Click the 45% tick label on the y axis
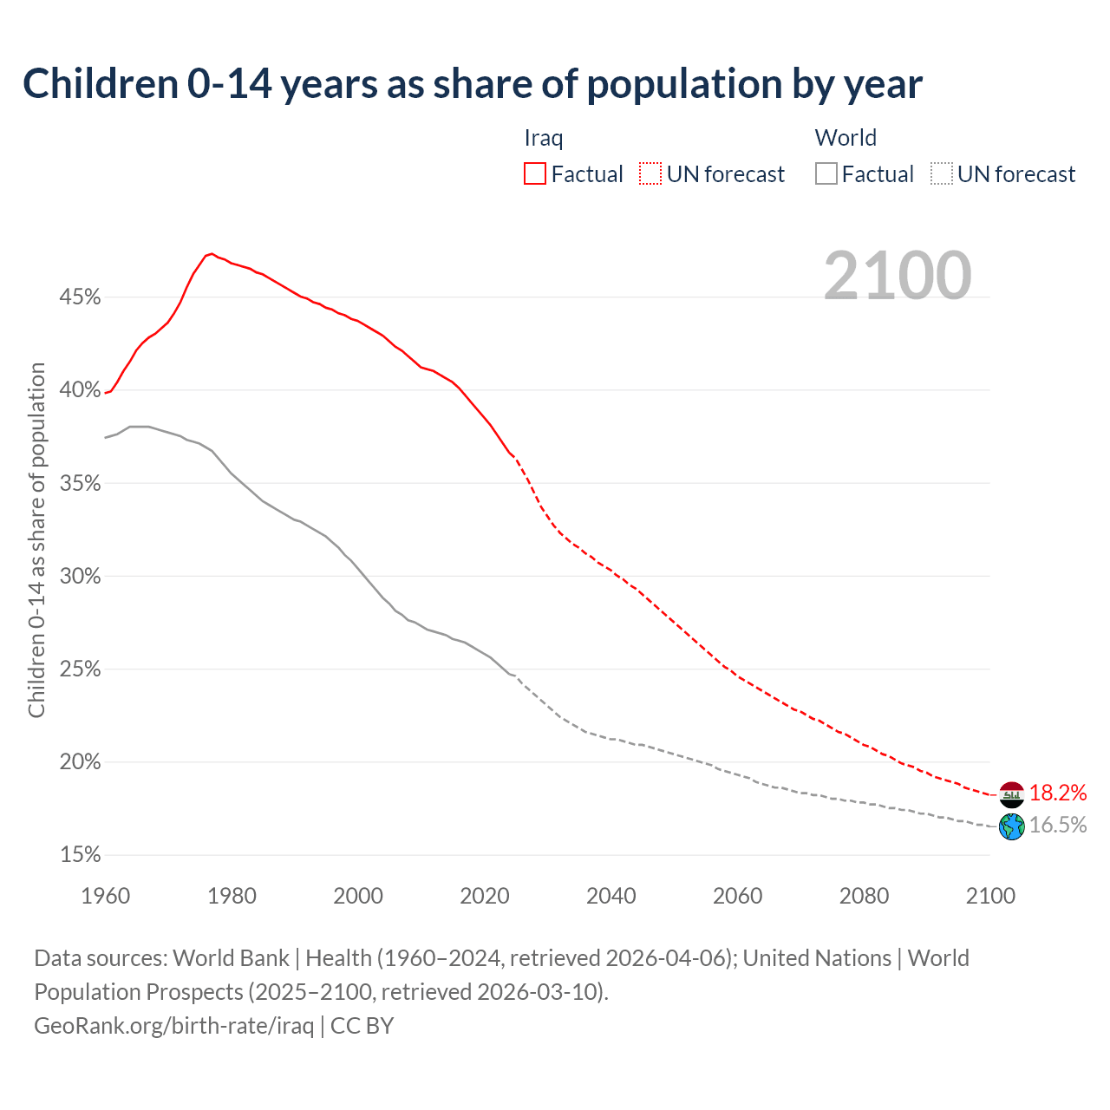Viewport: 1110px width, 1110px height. (x=80, y=297)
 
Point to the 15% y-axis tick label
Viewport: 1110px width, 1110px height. (x=80, y=855)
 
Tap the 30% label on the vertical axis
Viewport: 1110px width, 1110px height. (x=80, y=577)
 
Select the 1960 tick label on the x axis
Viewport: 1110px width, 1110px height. (x=106, y=896)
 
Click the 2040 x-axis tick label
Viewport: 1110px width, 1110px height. (x=611, y=896)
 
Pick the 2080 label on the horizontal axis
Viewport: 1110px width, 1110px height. (x=864, y=896)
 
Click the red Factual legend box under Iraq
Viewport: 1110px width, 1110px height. (x=535, y=174)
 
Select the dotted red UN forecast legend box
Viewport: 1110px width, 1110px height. (x=650, y=174)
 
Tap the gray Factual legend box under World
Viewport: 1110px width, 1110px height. (x=826, y=174)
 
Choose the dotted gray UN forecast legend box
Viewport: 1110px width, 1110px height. (x=942, y=174)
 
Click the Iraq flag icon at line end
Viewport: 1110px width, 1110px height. (x=1012, y=793)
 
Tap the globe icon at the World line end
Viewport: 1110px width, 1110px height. (x=1012, y=826)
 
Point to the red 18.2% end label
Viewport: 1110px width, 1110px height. (x=1058, y=793)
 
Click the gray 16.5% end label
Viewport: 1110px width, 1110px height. (x=1058, y=826)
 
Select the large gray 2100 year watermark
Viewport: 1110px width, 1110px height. (x=898, y=276)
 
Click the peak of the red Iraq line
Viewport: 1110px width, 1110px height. (x=212, y=254)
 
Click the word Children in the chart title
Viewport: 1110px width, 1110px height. (x=101, y=84)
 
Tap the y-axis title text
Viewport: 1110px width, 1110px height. (x=36, y=540)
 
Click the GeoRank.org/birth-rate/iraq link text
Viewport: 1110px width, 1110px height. (x=173, y=1026)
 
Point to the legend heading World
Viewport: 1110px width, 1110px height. (x=846, y=138)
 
